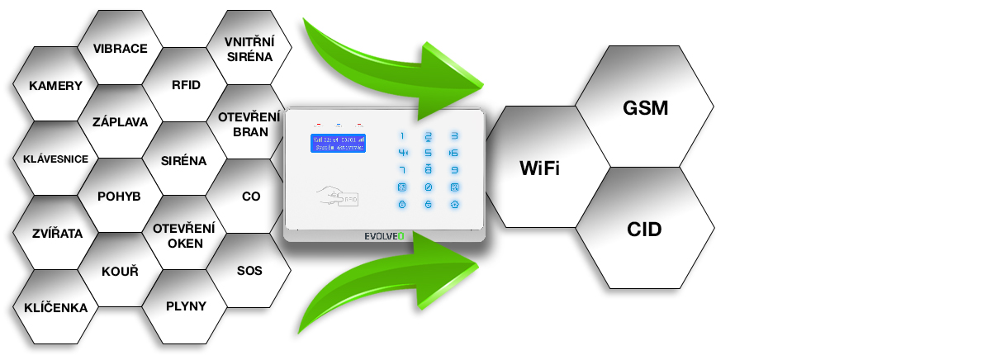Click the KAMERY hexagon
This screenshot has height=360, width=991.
point(55,85)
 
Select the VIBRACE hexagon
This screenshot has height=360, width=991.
point(120,48)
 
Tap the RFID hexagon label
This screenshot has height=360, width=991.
point(185,85)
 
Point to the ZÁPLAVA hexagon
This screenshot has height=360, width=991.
point(120,122)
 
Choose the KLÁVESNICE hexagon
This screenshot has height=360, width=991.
point(55,159)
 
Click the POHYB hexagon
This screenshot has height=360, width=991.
point(120,197)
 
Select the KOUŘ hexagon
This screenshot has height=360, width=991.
point(120,271)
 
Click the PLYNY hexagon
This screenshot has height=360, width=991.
point(185,306)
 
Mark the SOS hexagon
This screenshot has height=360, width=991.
point(249,270)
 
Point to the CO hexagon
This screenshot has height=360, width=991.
point(250,197)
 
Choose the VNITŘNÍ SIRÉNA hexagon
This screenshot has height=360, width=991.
point(249,48)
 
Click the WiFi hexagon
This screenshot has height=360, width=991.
point(539,168)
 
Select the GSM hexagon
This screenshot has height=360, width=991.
point(644,108)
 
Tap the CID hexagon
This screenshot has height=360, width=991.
point(644,229)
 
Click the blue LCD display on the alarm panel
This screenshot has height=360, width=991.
point(337,142)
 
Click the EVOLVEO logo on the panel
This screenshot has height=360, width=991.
point(385,235)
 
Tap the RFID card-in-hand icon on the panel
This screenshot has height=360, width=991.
point(337,196)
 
